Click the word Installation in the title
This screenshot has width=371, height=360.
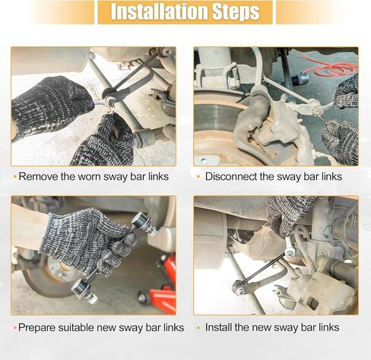(x=160, y=11)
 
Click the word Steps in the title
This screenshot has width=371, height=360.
(x=236, y=12)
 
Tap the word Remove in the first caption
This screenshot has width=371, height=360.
(x=39, y=176)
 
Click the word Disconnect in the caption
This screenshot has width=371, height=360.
(x=231, y=176)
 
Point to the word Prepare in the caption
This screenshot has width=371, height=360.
(x=36, y=327)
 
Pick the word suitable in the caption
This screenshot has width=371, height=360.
(x=76, y=327)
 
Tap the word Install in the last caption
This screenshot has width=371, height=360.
(x=218, y=327)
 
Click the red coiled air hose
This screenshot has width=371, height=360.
(x=332, y=66)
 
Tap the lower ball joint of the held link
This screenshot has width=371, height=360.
(x=83, y=290)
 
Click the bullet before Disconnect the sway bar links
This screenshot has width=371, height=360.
(x=198, y=176)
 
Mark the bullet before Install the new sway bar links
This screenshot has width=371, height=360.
(x=198, y=327)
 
